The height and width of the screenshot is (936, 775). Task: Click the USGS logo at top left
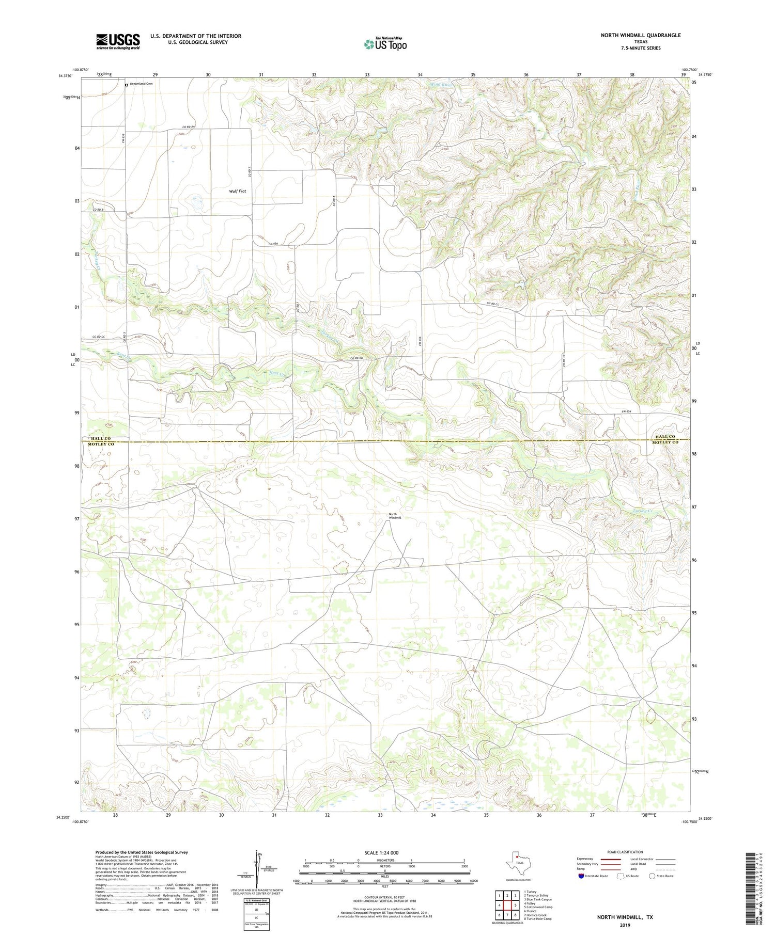118,41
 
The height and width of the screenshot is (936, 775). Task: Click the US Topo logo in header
385,44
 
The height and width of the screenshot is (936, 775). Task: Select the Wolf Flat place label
238,191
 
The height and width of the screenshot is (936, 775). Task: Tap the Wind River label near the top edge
441,84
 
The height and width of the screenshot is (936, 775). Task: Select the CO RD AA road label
189,128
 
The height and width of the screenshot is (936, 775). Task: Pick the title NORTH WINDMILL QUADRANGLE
640,35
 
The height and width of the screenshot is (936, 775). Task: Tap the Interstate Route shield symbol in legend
581,876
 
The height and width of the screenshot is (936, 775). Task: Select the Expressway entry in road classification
586,859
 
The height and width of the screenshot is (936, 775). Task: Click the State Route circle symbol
652,876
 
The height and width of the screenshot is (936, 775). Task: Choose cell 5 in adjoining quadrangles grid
515,905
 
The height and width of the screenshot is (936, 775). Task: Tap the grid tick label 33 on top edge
367,75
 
